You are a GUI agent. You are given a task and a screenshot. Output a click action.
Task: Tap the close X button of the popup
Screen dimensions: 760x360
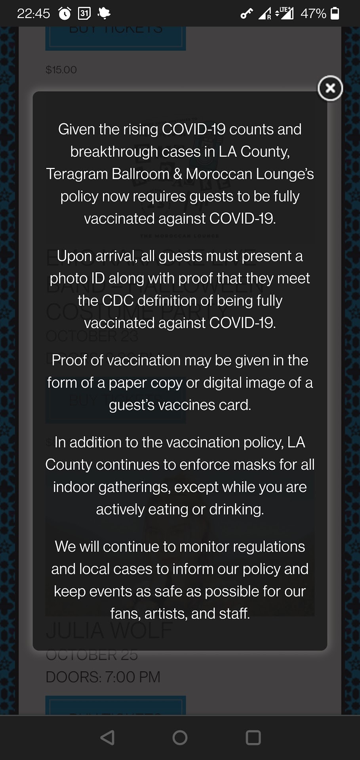coord(330,88)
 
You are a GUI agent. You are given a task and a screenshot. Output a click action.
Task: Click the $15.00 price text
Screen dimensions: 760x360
coord(61,70)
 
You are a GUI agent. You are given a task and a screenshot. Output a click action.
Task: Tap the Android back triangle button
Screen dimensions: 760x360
coord(107,737)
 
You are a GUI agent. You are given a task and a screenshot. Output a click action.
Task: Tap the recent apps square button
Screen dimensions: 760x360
coord(253,737)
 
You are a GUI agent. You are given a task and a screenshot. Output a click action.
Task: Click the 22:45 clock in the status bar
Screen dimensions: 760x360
coord(33,14)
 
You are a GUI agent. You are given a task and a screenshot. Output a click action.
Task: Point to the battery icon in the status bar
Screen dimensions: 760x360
coord(335,13)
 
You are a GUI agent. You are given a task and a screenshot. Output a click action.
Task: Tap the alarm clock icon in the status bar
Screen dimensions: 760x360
coord(65,14)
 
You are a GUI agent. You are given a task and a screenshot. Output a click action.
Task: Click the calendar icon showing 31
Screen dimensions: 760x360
coord(84,13)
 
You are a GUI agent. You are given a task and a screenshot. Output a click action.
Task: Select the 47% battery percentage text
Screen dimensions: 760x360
coord(313,14)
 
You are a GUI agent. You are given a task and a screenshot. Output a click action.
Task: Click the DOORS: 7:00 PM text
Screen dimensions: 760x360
coord(103,677)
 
